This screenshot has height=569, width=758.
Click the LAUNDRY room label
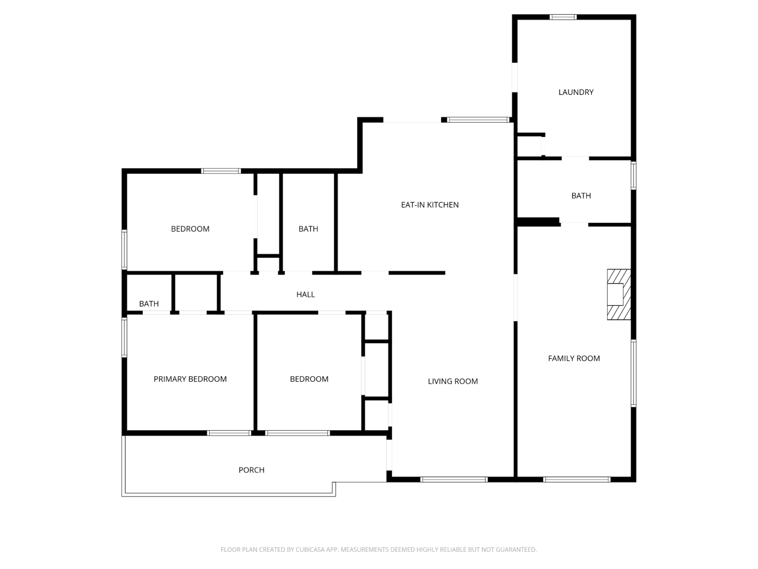(x=576, y=92)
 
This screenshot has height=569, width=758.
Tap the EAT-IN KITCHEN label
(x=430, y=204)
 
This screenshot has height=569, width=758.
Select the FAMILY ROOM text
(x=574, y=358)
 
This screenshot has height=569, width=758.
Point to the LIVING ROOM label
(x=452, y=381)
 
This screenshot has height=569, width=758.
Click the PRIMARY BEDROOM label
(x=190, y=379)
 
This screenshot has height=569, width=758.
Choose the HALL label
(x=306, y=294)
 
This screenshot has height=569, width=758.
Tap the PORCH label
(x=251, y=469)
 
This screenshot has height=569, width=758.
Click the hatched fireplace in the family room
(x=619, y=295)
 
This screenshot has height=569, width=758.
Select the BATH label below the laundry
(x=581, y=196)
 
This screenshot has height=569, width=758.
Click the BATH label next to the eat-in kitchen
(x=308, y=229)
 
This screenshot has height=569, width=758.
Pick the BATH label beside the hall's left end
(x=149, y=303)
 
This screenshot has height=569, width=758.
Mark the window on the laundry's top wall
(x=563, y=17)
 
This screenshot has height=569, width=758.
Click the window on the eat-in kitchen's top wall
(x=478, y=120)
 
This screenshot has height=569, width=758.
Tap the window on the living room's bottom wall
(x=454, y=479)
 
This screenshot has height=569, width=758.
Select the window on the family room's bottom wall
(x=576, y=479)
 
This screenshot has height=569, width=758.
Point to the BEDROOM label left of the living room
(x=309, y=379)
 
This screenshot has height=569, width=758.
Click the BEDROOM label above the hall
(x=190, y=229)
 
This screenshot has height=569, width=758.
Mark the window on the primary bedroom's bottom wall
(x=229, y=433)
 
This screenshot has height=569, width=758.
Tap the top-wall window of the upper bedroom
(x=221, y=171)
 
